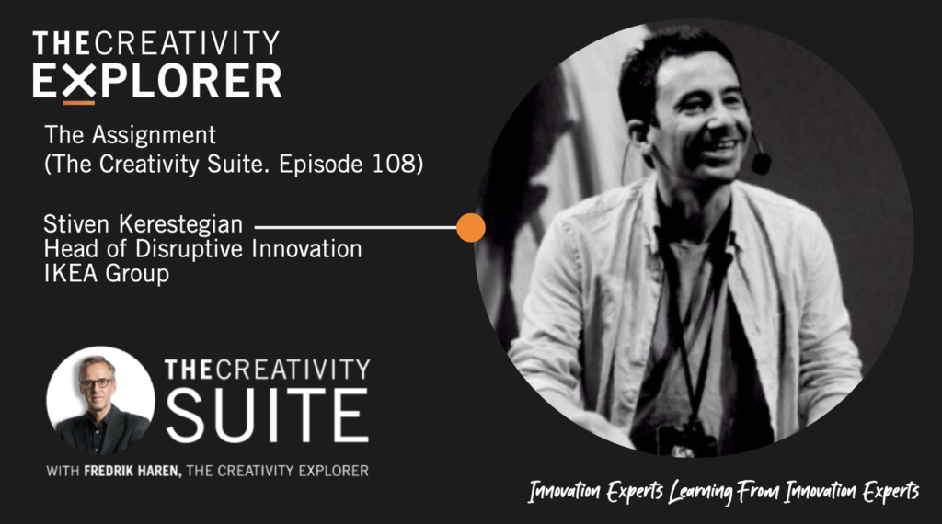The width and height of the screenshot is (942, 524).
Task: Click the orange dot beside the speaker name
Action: (471, 227)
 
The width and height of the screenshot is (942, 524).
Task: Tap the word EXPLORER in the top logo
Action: (157, 81)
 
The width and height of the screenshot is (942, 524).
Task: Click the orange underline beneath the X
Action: (79, 103)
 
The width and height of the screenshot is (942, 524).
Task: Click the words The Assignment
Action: (131, 136)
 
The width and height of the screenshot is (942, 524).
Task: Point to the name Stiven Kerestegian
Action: (143, 224)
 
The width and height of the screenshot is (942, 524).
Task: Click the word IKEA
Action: (72, 274)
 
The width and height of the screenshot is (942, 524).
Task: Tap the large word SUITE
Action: (267, 415)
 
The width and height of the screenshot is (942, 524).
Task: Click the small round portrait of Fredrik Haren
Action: (100, 400)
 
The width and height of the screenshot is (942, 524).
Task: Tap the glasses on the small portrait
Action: (95, 382)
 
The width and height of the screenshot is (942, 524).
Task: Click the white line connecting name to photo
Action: (356, 227)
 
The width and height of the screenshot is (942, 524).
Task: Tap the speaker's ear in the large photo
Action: (638, 134)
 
